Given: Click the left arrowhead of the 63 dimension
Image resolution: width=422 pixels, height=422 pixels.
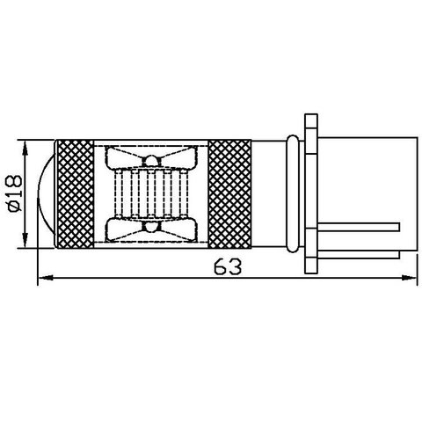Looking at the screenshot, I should pyautogui.click(x=44, y=280).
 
